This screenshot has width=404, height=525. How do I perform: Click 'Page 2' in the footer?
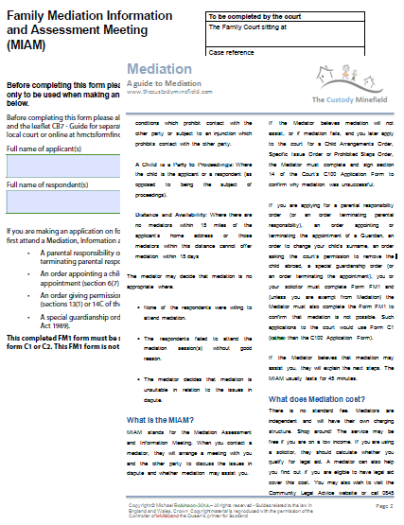click(383, 508)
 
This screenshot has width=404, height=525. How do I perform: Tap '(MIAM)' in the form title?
click(27, 44)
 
